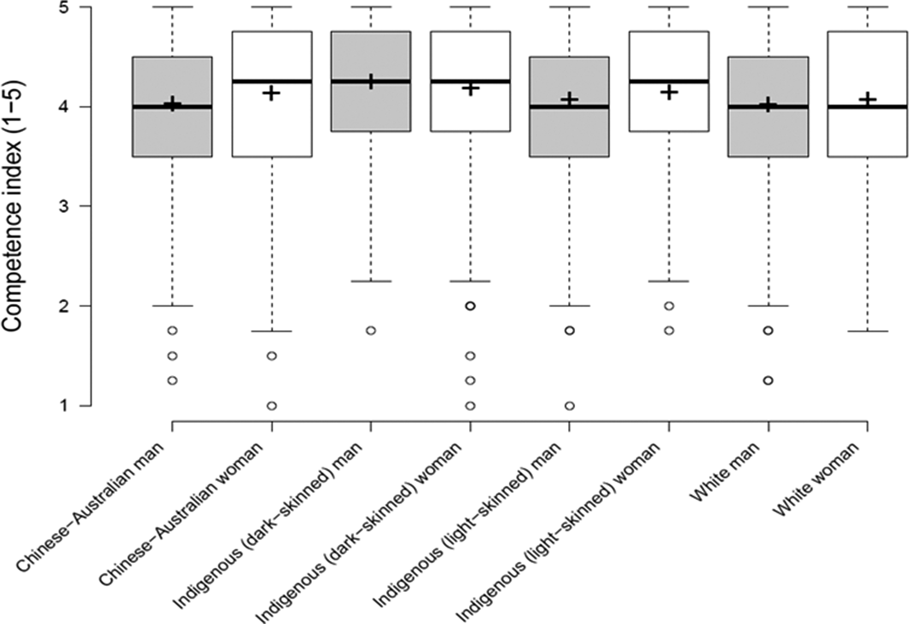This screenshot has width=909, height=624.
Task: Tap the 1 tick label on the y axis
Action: coord(71,406)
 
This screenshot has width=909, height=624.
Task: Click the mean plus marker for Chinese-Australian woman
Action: coord(271,93)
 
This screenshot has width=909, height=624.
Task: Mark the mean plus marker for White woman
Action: coord(868,99)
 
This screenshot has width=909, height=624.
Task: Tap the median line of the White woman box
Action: coord(868,107)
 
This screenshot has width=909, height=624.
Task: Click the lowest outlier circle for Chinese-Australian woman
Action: coord(272,406)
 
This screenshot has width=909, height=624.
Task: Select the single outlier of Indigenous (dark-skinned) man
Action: coord(371,331)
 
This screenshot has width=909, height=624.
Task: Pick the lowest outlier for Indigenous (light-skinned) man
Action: coord(570,406)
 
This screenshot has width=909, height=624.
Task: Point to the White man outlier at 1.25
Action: coord(768,380)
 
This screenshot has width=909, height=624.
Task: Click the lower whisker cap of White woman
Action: coord(868,331)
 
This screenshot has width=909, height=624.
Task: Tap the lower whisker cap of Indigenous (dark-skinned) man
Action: coord(371,281)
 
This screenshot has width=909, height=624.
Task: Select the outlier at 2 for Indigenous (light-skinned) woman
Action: coord(669,306)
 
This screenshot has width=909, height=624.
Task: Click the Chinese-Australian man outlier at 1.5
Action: coord(172,356)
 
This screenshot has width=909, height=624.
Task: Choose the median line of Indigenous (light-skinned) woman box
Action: coord(669,81)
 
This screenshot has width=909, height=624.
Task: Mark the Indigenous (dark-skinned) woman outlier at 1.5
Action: coord(470,356)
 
